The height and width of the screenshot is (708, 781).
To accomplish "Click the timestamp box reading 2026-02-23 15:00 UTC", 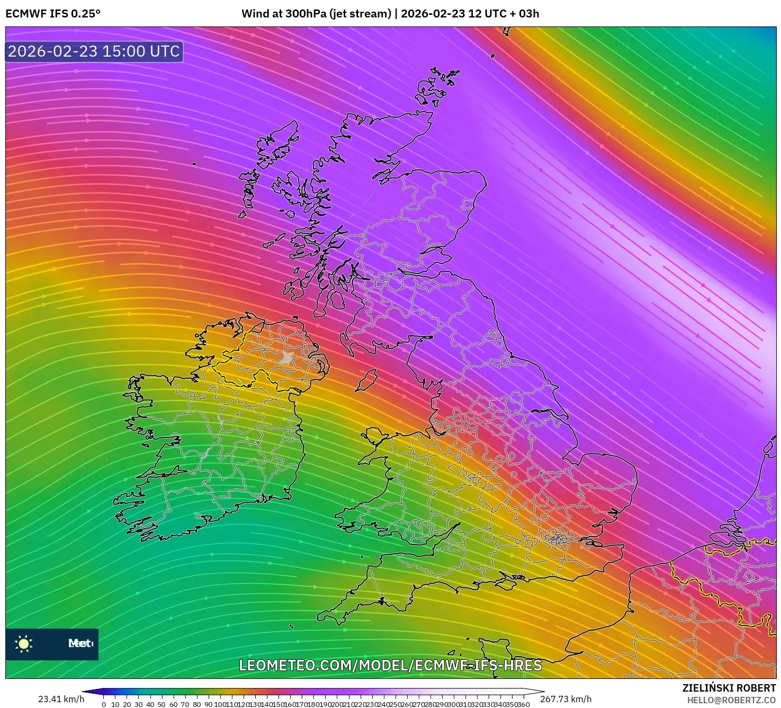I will click(x=94, y=51).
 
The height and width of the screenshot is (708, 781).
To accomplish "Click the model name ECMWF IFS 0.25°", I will click(x=53, y=14).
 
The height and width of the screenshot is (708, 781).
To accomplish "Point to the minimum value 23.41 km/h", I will click(x=61, y=699).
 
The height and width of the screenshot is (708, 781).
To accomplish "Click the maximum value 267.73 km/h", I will click(x=565, y=699).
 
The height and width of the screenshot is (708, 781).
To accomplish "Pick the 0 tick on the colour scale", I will click(x=104, y=704).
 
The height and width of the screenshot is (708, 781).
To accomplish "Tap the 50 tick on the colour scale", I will click(x=161, y=704).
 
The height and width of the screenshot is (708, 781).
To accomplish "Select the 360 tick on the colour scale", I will click(x=523, y=704).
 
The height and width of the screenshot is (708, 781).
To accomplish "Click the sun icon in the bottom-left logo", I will click(x=24, y=643).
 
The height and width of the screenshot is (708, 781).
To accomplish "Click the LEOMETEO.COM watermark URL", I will click(x=390, y=665).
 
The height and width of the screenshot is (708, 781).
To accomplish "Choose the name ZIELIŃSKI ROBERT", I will click(x=729, y=688).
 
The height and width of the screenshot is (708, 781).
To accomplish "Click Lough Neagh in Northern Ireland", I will click(x=288, y=358).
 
